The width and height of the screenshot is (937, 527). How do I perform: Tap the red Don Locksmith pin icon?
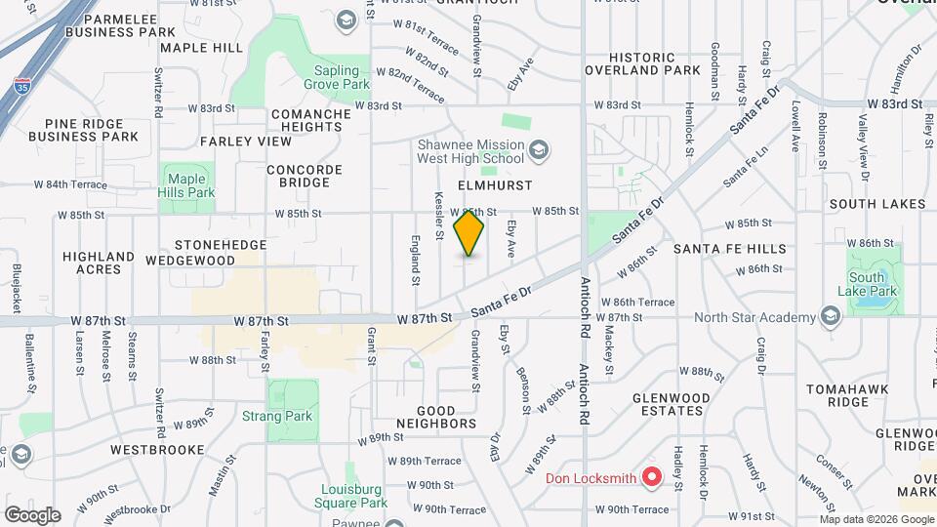[x=652, y=478]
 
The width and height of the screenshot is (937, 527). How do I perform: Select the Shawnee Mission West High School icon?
[x=540, y=150]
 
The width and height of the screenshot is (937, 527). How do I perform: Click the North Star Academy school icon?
[x=831, y=316]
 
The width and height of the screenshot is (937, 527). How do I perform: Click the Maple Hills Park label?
[x=189, y=185]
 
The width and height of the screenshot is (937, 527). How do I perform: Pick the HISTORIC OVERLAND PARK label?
[x=641, y=63]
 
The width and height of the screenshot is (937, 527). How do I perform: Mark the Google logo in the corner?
[x=32, y=515]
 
